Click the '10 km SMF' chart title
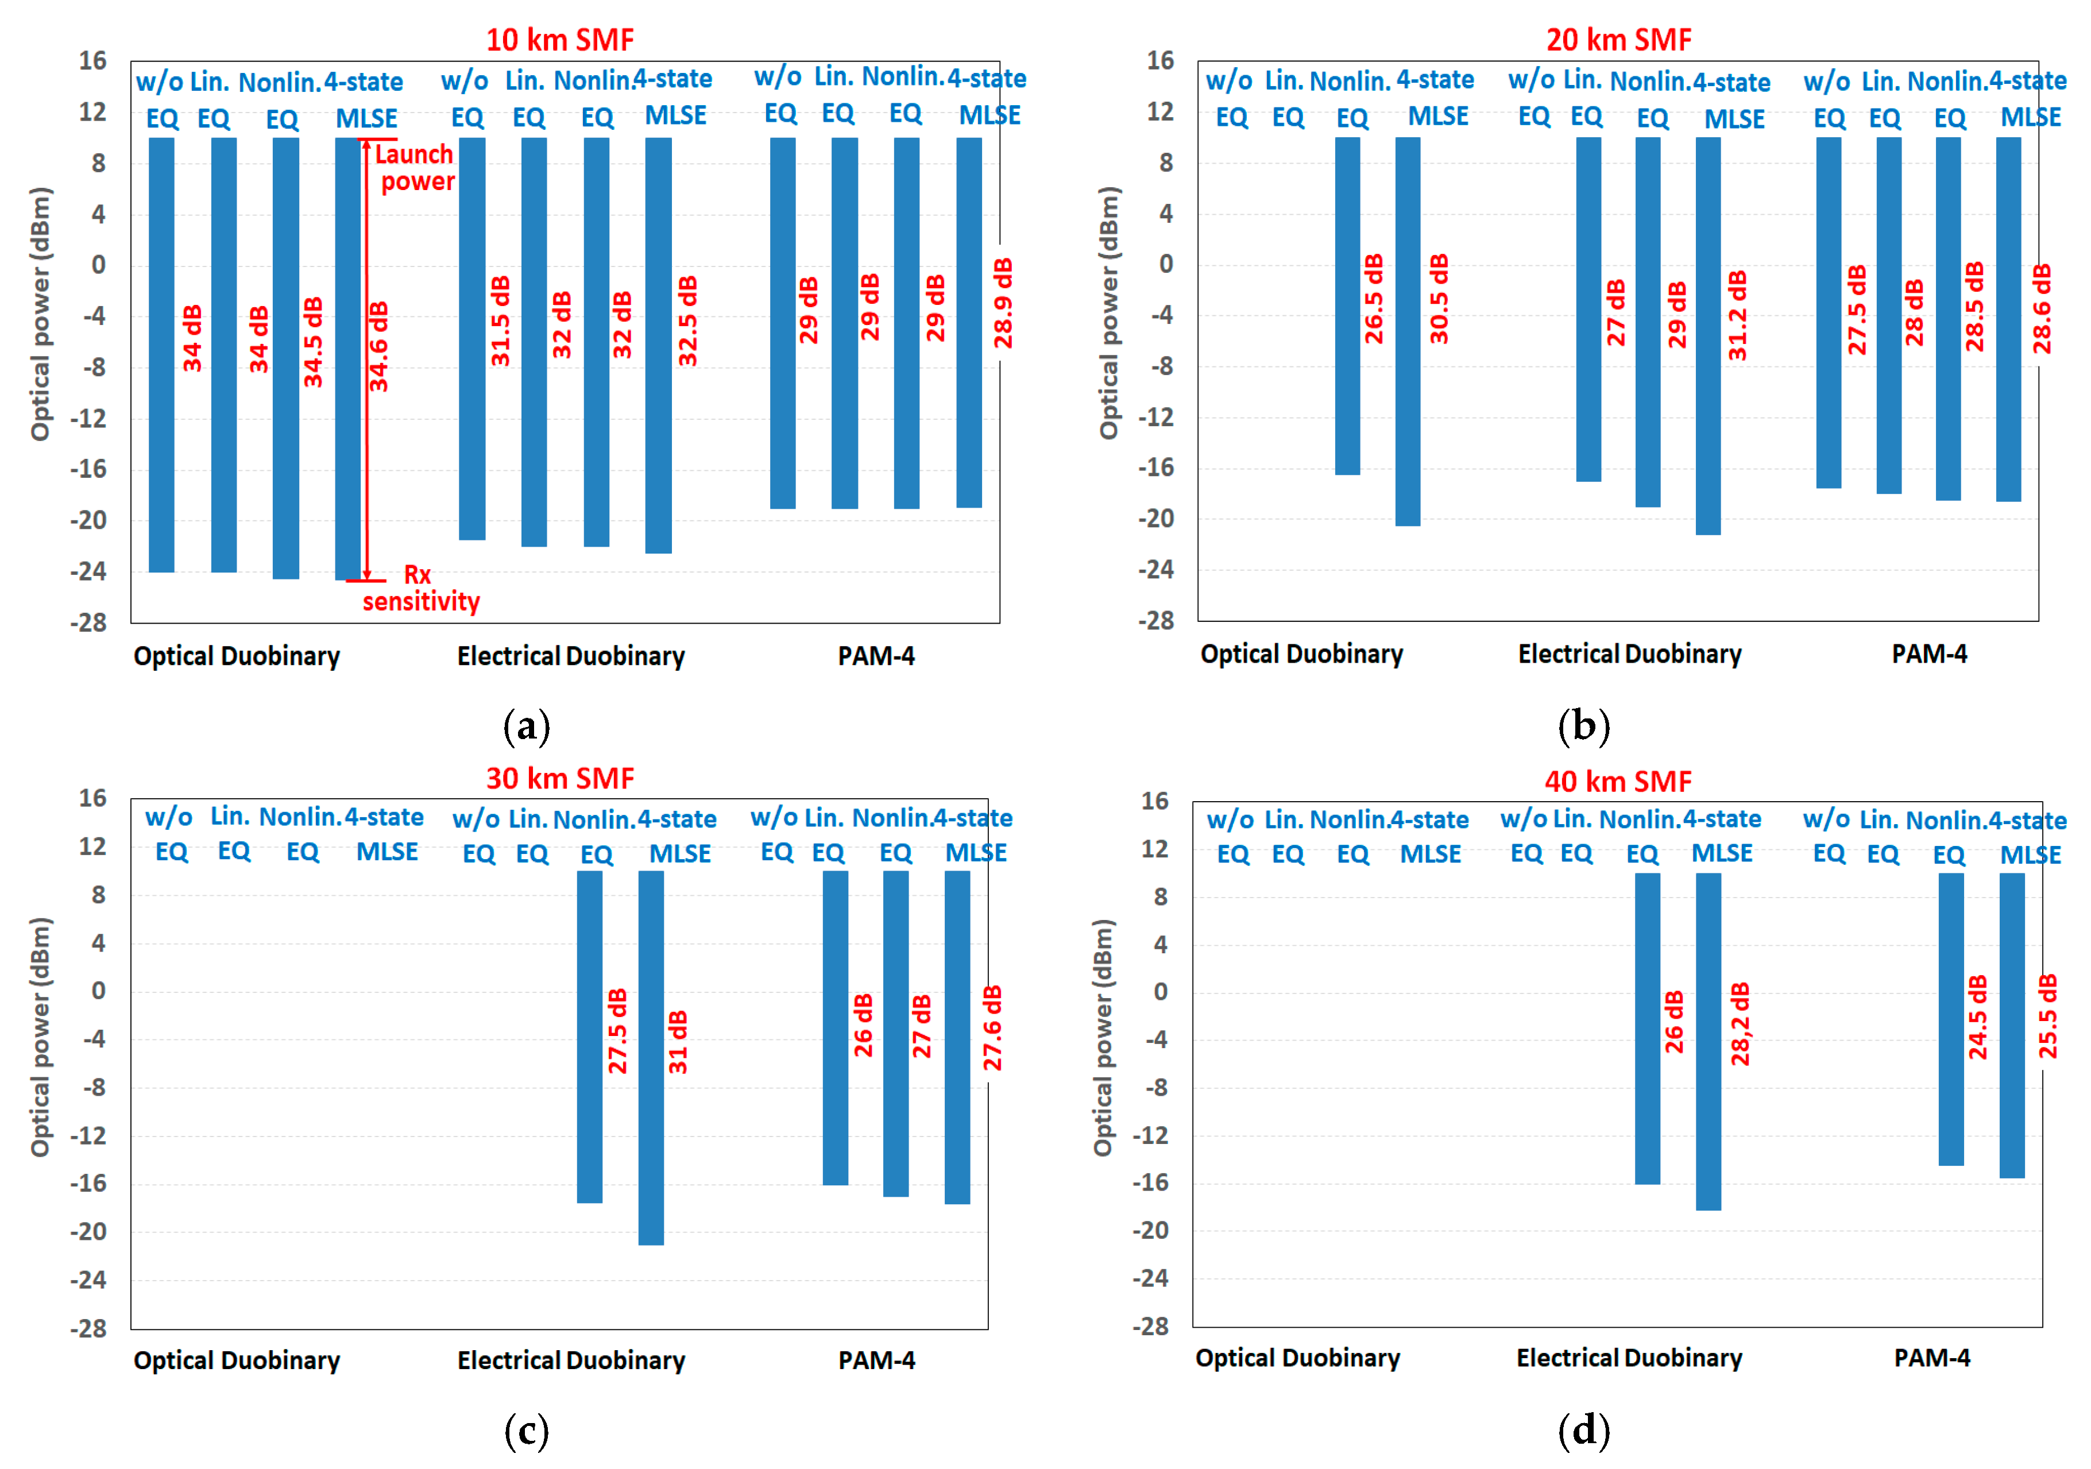click(559, 40)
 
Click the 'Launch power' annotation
click(415, 168)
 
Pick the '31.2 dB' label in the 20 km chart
click(1738, 315)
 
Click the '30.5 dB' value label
click(1439, 299)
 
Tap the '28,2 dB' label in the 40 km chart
click(1740, 1024)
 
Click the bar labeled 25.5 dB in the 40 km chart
click(2012, 1025)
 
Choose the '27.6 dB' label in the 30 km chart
click(993, 1027)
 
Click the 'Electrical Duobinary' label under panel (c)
click(571, 1360)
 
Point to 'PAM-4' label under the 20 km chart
click(1929, 654)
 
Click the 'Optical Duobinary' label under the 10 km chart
click(237, 656)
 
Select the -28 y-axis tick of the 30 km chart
click(88, 1328)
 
